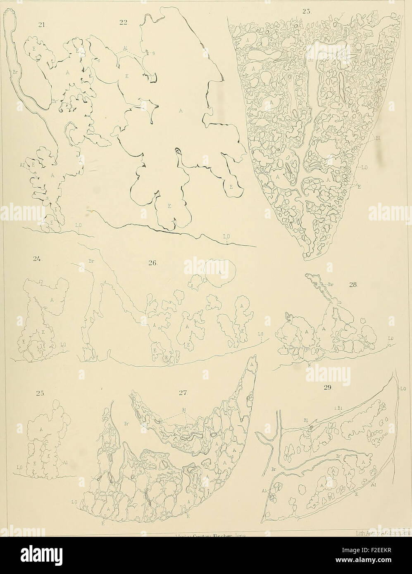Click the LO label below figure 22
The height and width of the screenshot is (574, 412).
tap(226, 237)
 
